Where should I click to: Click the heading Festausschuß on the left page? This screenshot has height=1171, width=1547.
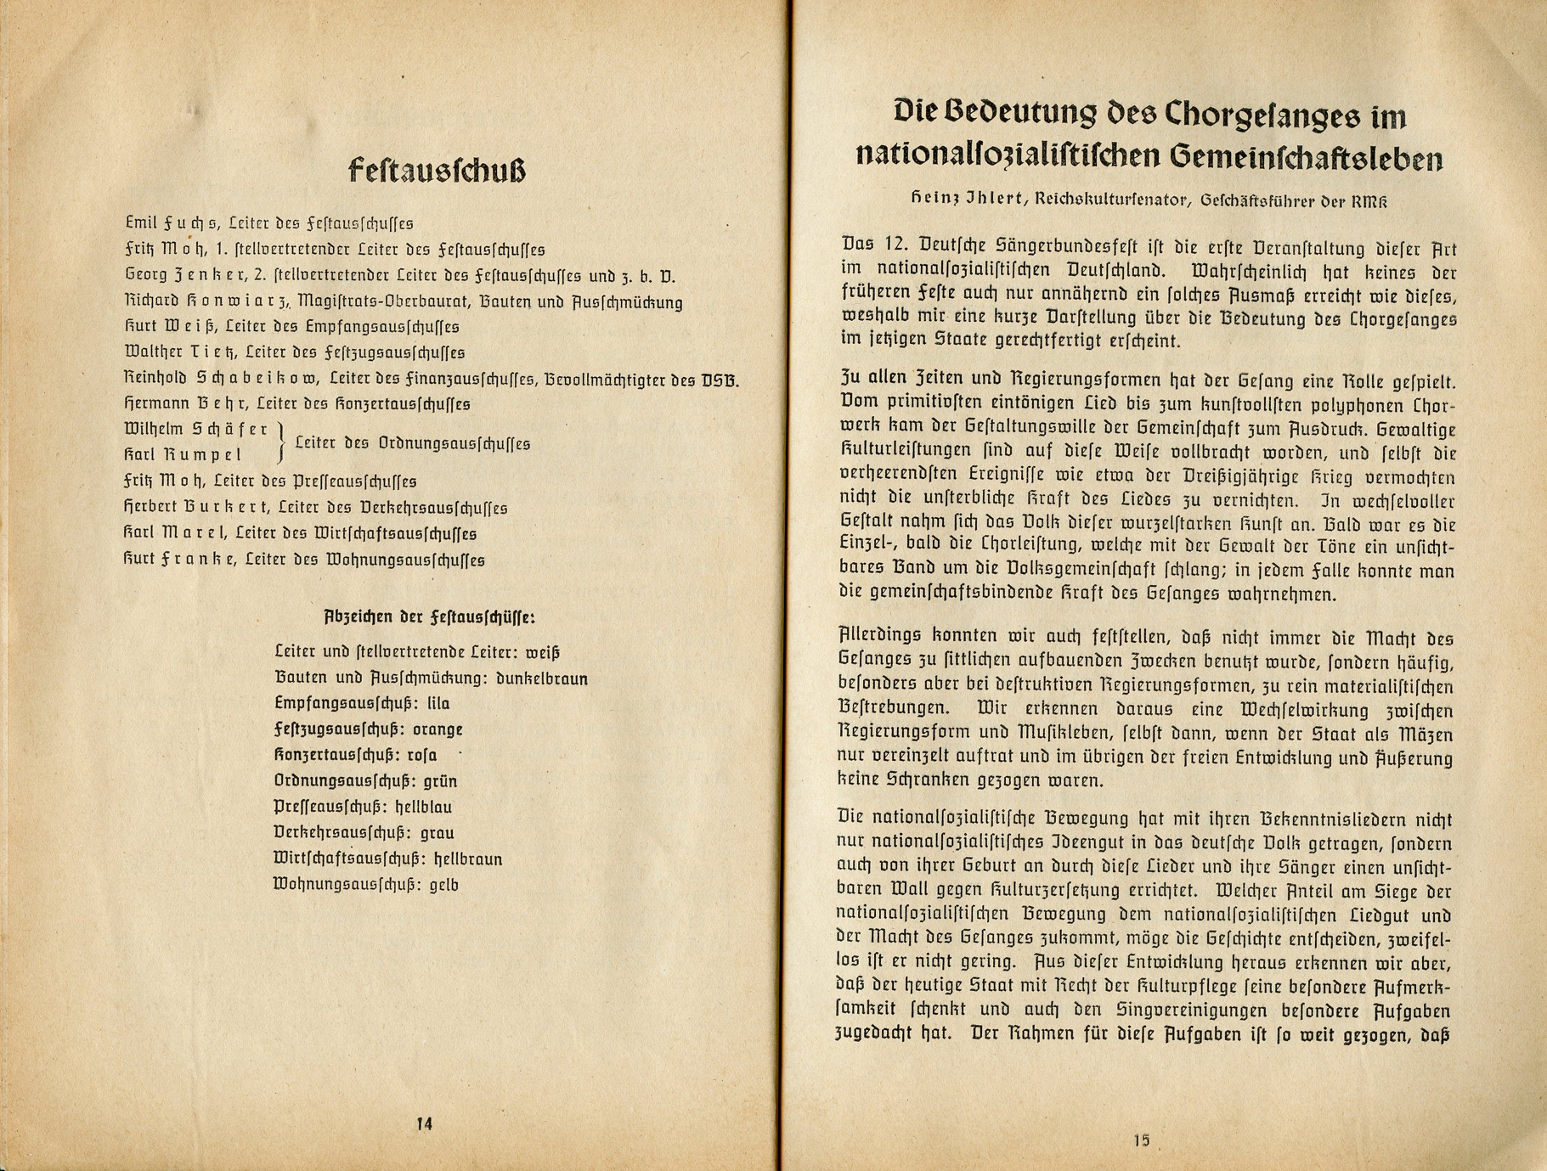tap(437, 171)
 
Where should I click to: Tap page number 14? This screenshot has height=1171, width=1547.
tap(425, 1123)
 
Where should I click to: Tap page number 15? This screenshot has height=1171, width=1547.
tap(1141, 1140)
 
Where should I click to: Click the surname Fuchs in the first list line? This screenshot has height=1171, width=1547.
tap(189, 223)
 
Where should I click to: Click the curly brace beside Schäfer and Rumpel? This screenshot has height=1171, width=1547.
tap(282, 442)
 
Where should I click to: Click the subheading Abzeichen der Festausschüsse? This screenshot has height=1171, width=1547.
tap(429, 617)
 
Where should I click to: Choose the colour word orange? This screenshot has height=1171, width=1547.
tap(440, 729)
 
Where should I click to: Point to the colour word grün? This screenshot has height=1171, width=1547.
tap(440, 781)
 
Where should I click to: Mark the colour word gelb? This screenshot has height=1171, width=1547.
tap(444, 885)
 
